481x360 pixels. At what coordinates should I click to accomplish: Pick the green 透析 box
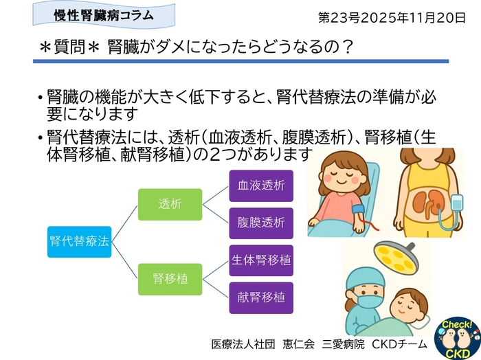coord(170,204)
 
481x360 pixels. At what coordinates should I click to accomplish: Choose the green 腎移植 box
coord(170,279)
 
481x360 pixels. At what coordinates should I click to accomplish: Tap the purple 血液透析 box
coord(261,185)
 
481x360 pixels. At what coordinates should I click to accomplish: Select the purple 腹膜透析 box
coord(261,223)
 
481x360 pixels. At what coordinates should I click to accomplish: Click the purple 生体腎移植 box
coord(261,260)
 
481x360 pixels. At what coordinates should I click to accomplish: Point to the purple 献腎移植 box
coord(261,297)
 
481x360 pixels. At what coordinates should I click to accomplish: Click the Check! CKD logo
coord(457,336)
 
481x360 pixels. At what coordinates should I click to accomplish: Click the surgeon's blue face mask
coord(369,300)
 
